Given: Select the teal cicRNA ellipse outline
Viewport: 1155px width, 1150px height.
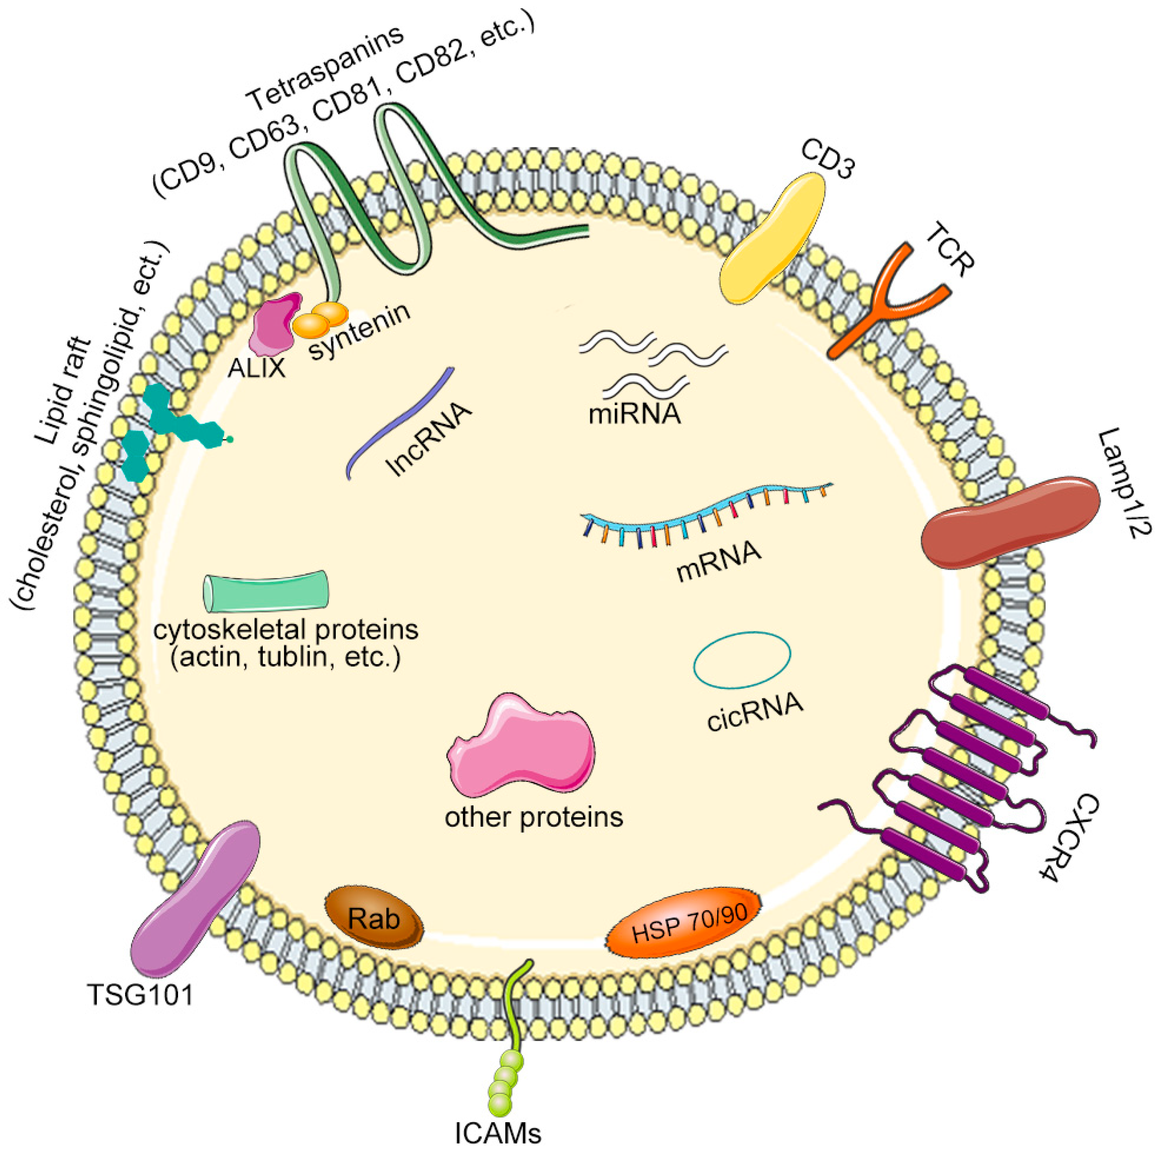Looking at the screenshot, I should [742, 658].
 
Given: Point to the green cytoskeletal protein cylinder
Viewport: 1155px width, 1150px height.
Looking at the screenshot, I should [266, 592].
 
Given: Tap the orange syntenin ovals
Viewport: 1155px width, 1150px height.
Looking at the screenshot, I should [320, 320].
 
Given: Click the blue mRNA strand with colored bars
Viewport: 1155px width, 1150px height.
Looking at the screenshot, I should [705, 511].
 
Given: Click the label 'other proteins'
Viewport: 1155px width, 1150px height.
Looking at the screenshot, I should [533, 816].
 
